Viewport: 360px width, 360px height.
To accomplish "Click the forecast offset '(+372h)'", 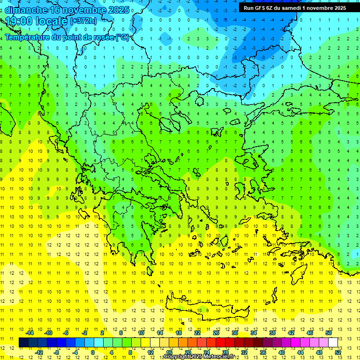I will [x=83, y=21].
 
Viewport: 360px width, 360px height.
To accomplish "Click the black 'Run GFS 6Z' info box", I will [x=294, y=7].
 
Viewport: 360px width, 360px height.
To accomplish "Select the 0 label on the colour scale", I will [x=93, y=352].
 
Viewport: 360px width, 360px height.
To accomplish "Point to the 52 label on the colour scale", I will [x=338, y=352].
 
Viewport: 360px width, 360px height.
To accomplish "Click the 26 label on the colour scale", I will [x=216, y=333].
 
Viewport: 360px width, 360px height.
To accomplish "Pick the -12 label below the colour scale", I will [x=39, y=352].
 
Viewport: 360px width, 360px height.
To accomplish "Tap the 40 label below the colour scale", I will [x=281, y=352].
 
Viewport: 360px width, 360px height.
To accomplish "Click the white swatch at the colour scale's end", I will [x=333, y=342].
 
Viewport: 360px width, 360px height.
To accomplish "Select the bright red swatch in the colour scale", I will [x=220, y=342].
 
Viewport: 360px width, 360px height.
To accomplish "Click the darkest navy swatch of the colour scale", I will [x=23, y=342].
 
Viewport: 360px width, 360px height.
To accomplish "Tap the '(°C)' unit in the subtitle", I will [x=122, y=37].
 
